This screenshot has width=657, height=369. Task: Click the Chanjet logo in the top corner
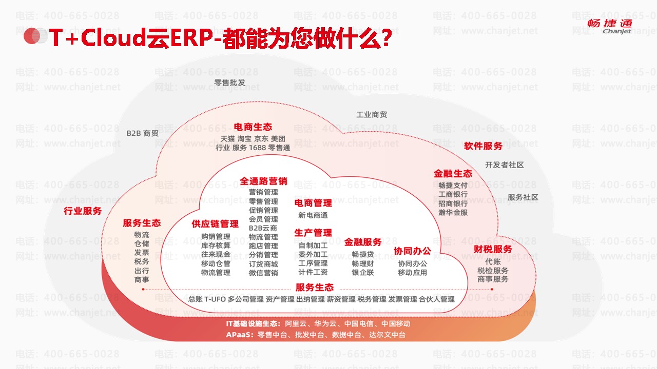coord(610,27)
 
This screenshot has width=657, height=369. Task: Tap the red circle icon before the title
coord(32,35)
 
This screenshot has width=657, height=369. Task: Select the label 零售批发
coord(229,83)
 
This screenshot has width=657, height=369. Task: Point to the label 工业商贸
coord(372,115)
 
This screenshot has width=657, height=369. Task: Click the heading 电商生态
coord(253,127)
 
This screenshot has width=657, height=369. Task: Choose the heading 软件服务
coord(483,146)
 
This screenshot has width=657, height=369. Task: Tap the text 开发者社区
coord(504,165)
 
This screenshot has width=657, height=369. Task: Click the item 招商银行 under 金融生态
coord(453,203)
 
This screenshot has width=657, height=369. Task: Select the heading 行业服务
coord(83,211)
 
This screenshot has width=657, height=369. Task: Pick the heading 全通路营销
coord(263,181)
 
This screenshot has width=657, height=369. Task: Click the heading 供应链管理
coord(215,224)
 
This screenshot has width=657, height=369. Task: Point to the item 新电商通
coord(313,215)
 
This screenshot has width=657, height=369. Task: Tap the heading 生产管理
coord(313,233)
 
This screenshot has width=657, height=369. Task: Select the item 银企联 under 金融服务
coord(362,273)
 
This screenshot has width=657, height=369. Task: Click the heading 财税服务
coord(493,250)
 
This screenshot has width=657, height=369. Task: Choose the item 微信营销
coord(263,273)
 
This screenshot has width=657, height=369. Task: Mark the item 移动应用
coord(412,273)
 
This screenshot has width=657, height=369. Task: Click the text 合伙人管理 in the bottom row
coord(436,299)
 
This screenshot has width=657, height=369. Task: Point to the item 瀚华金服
coord(453,212)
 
